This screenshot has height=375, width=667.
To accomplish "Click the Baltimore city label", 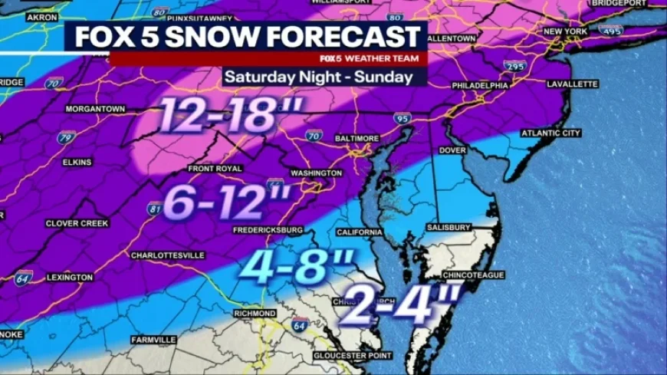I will pos(356,138).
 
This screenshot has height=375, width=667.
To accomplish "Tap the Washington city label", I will pos(316,173).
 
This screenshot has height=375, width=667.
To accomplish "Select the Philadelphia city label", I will pos(480,85).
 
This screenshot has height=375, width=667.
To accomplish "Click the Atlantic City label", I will pos(551,133).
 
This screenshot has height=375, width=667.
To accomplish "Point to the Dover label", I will pos(452,150).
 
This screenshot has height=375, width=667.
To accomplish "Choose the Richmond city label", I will pos(255,314).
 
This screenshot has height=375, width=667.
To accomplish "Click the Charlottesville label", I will pos(167,255).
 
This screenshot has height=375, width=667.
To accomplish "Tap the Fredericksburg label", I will pos(268,229).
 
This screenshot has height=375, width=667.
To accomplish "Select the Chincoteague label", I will pos(473,275).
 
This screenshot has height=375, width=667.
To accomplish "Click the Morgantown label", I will pos(95,109).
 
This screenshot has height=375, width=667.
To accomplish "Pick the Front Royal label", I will pos(215,168).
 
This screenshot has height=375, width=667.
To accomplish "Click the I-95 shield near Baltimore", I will pos(402,118).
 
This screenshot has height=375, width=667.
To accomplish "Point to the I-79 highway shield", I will pos(67,138).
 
